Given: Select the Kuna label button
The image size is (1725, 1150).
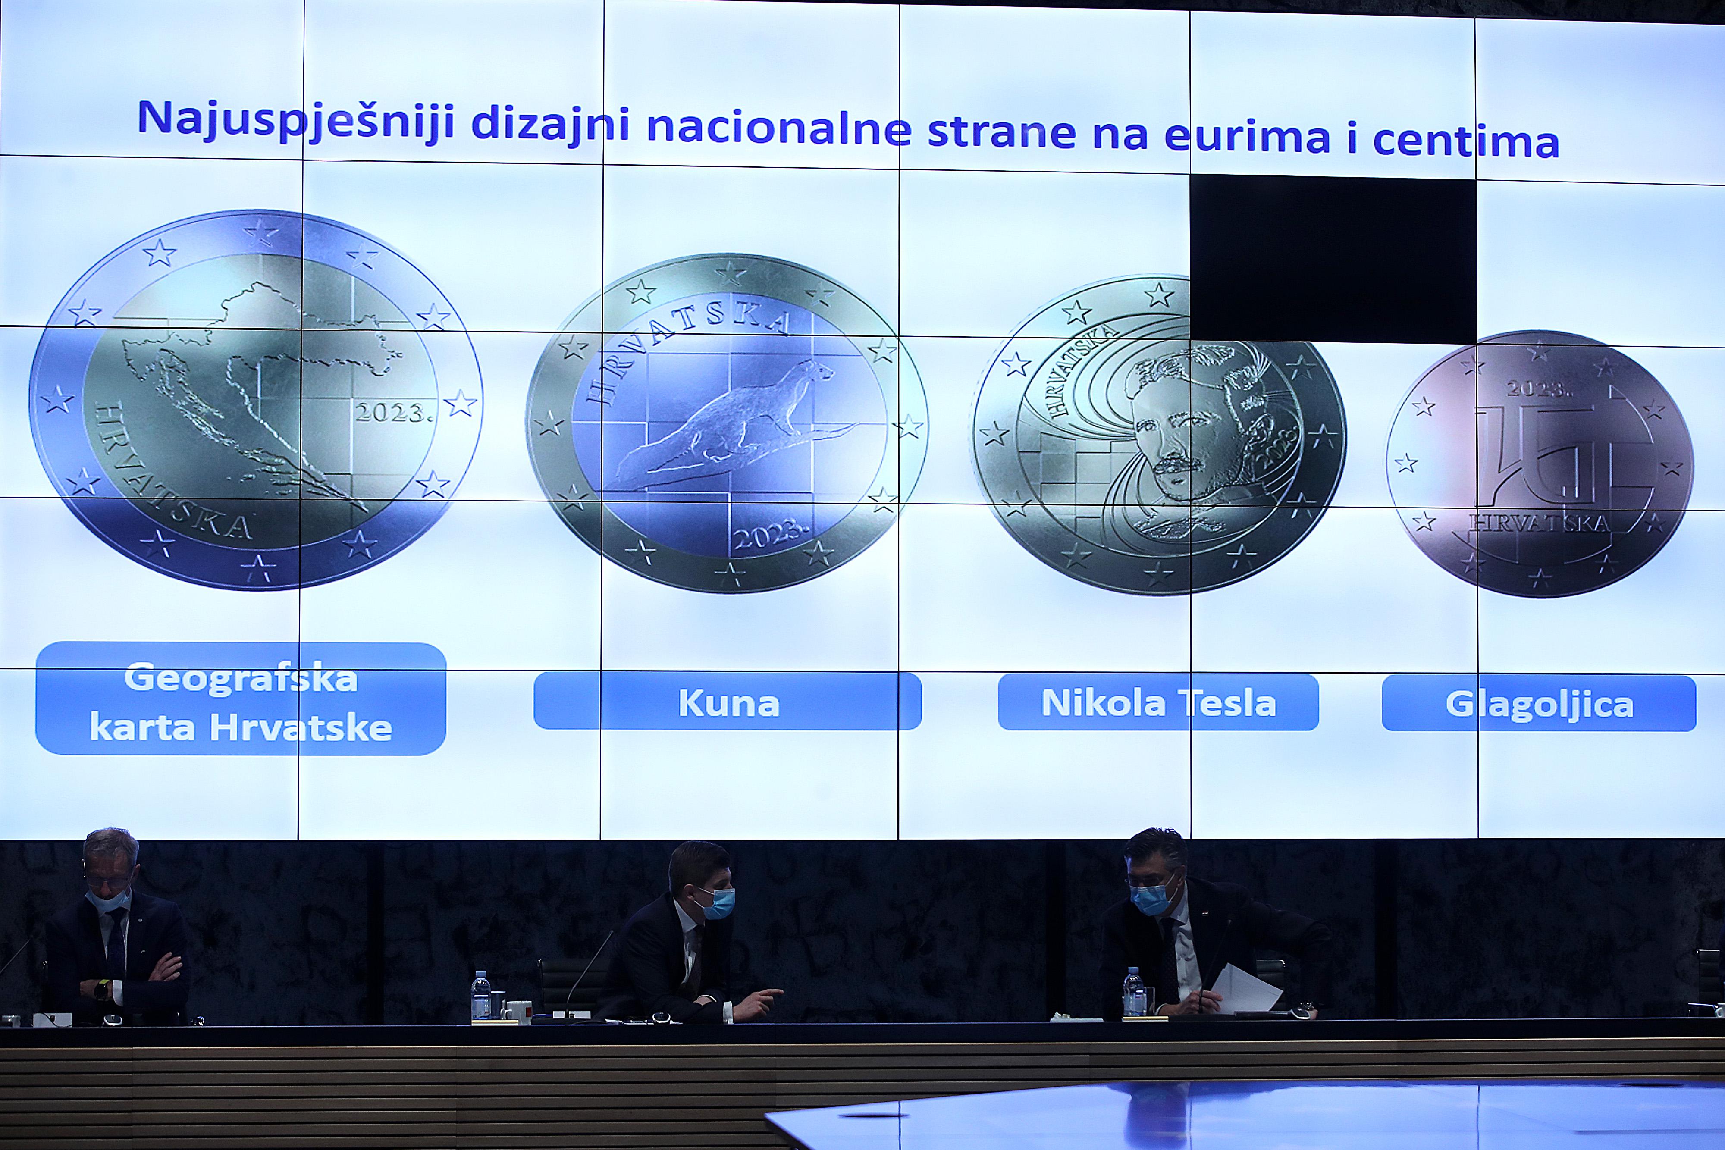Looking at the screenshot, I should click(728, 702).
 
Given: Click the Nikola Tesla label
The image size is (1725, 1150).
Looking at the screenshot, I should click(1158, 702).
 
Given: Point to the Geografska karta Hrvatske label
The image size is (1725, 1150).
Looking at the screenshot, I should click(241, 700).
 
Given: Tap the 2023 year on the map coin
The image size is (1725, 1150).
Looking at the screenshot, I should click(392, 413).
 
